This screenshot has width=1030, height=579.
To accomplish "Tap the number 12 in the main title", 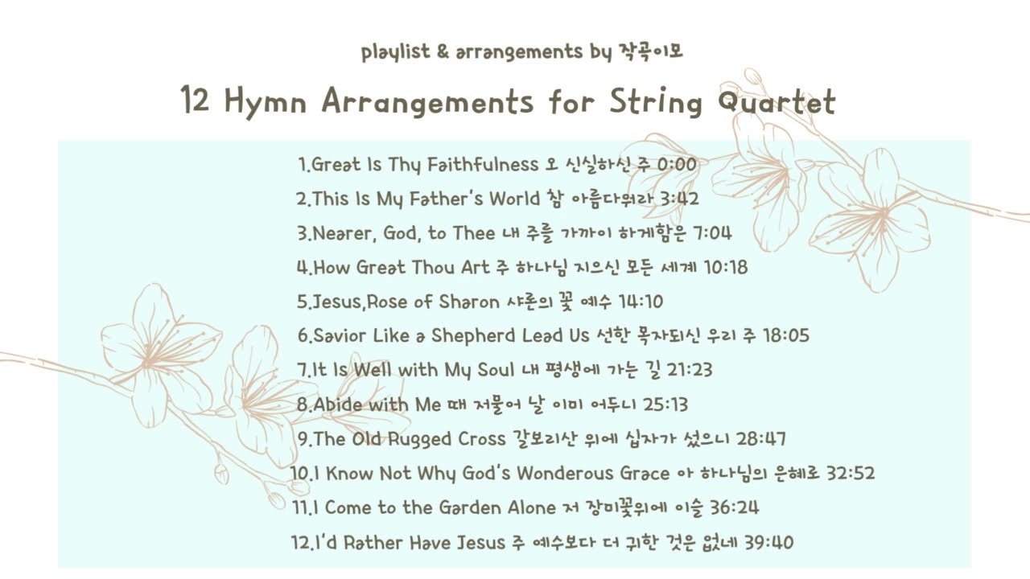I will pyautogui.click(x=197, y=102).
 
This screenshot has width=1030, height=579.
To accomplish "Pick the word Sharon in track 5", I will pyautogui.click(x=469, y=302).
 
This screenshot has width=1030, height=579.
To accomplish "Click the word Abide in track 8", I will pyautogui.click(x=338, y=404).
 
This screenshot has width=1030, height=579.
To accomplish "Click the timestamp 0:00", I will pyautogui.click(x=677, y=165).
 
